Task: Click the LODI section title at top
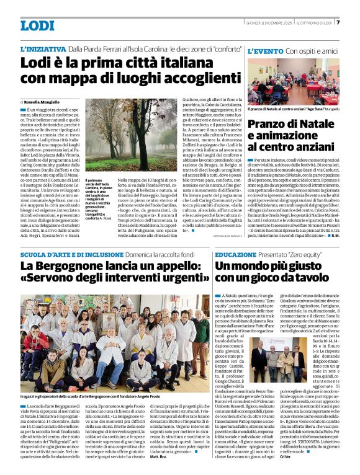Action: (37, 25)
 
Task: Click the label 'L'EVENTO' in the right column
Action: (266, 50)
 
